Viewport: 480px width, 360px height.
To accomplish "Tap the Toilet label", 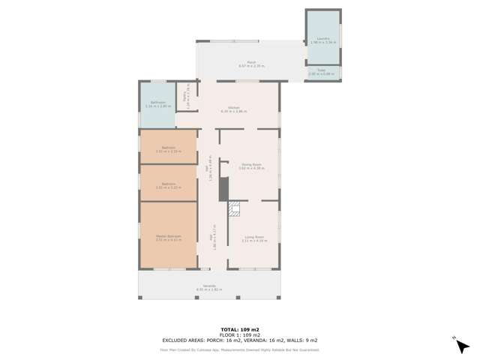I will (321, 72).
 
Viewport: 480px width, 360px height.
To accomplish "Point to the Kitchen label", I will (234, 109).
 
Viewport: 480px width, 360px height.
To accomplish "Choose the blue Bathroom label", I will (157, 103).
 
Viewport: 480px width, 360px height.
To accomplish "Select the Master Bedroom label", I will (169, 238).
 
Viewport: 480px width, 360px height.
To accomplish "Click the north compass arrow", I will (454, 339).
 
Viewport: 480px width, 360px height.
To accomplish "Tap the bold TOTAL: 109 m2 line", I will (240, 329).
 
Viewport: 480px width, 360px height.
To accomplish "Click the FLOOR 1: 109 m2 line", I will (240, 334).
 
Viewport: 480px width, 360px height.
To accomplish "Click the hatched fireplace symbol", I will (233, 208).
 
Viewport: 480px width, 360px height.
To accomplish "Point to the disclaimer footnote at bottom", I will (240, 349).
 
